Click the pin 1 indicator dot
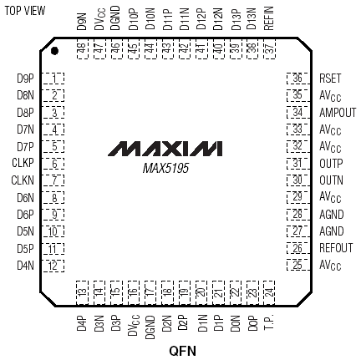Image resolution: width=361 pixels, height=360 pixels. click(54, 51)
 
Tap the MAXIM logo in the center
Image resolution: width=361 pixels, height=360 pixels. click(165, 149)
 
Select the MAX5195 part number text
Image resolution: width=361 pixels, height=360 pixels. click(165, 168)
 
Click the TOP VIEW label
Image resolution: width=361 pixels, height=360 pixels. click(25, 11)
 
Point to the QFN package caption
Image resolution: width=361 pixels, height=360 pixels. click(182, 351)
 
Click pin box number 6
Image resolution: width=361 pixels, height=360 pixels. click(53, 164)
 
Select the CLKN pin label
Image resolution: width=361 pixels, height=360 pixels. click(23, 180)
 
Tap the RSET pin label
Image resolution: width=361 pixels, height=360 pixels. click(330, 79)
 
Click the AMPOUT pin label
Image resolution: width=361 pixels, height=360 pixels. click(338, 113)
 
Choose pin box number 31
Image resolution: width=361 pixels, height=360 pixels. click(298, 163)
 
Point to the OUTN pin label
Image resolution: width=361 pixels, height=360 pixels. click(331, 180)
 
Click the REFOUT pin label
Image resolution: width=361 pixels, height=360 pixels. click(336, 248)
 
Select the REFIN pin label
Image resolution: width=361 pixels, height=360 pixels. click(269, 18)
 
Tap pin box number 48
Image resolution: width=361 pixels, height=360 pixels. click(83, 48)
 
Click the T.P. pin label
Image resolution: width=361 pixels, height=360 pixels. click(269, 322)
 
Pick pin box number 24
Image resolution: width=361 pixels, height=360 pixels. click(269, 292)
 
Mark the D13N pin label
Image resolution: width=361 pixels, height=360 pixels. click(252, 18)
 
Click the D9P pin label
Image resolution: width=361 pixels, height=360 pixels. click(25, 79)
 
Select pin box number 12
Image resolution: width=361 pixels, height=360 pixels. click(53, 266)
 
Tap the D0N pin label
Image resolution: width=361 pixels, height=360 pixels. click(236, 323)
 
